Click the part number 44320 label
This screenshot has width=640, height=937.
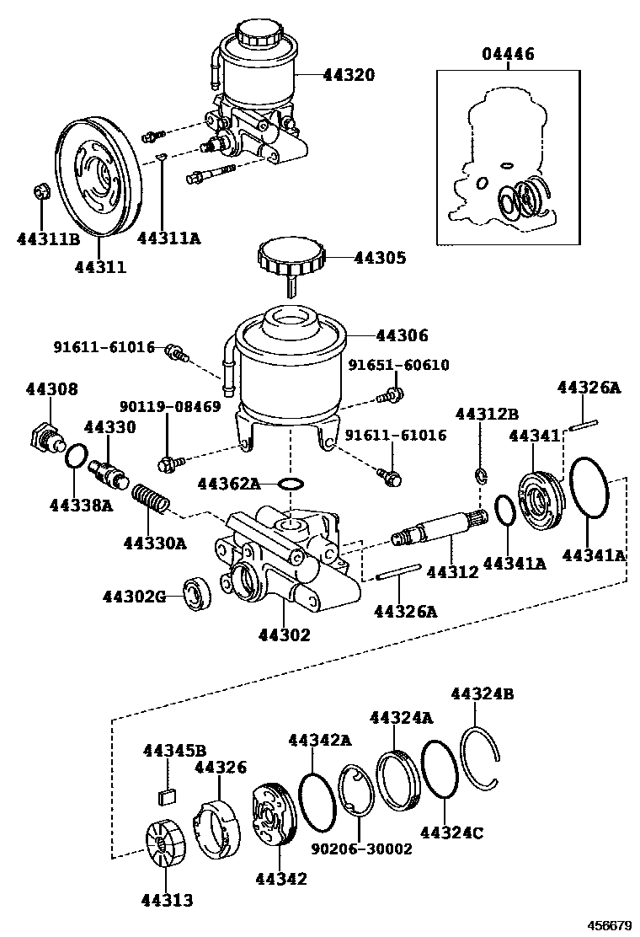coord(348,75)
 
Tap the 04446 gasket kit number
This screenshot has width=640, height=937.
coord(508,55)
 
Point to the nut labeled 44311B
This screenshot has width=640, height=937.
coord(41,193)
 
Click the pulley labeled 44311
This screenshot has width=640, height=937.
coord(93,177)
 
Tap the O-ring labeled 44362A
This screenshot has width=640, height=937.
coord(291,484)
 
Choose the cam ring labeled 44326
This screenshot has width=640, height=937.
coord(216,827)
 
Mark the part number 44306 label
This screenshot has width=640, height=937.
coord(401,335)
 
